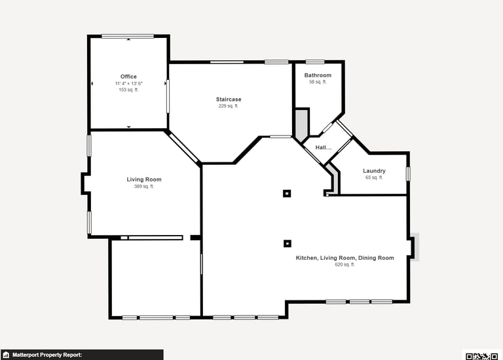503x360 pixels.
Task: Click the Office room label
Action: click(x=128, y=77)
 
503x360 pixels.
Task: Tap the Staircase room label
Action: click(x=229, y=99)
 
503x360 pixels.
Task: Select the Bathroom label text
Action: click(x=318, y=75)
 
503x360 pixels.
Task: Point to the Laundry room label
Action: click(x=374, y=171)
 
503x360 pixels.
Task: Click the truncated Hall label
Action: click(x=324, y=147)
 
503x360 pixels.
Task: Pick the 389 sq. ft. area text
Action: click(x=143, y=187)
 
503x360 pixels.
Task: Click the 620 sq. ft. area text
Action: click(x=345, y=264)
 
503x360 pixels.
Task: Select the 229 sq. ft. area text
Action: click(x=229, y=106)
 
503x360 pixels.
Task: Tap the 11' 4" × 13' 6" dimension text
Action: click(x=128, y=83)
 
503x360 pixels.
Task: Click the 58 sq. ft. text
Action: click(x=318, y=82)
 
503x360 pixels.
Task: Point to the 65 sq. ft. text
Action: click(x=374, y=177)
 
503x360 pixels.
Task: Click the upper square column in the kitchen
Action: click(x=287, y=193)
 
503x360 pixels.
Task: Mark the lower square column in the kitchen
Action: click(x=288, y=243)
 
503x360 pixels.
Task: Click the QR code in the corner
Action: click(x=483, y=355)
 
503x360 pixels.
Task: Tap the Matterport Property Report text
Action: click(x=47, y=355)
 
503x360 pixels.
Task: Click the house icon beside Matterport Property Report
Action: click(x=6, y=355)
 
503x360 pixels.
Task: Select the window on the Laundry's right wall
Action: click(x=408, y=173)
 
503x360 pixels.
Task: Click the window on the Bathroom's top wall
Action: click(x=314, y=62)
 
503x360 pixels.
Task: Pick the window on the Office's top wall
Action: click(x=128, y=36)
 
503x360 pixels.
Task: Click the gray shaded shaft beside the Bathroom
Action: click(x=301, y=124)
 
